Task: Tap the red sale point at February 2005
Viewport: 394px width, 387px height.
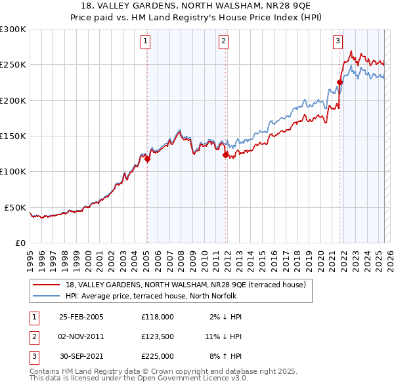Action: click(147, 159)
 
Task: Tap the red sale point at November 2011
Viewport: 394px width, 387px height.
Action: click(225, 155)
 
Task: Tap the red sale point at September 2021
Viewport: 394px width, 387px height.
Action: click(340, 83)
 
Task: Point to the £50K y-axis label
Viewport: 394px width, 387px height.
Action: click(15, 207)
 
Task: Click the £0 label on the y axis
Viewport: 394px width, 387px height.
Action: click(20, 243)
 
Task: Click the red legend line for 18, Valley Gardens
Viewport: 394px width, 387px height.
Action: click(46, 285)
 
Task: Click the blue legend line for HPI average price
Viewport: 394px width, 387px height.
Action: click(46, 296)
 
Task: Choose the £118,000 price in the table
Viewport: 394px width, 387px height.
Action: click(158, 316)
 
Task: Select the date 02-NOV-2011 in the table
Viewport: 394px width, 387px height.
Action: click(81, 336)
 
